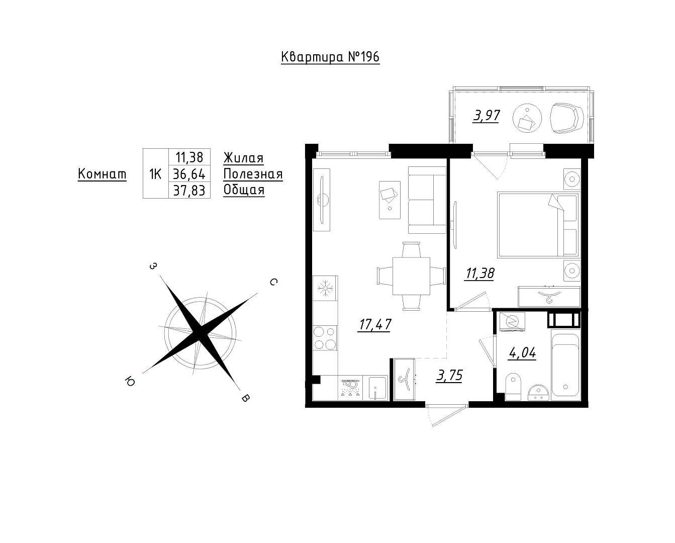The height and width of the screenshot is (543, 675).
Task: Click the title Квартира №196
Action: (330, 57)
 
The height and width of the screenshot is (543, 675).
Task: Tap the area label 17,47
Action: (374, 325)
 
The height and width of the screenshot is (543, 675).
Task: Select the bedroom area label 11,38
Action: (479, 274)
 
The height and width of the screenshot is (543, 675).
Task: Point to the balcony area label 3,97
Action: (486, 116)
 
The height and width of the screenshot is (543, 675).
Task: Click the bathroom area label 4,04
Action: (522, 353)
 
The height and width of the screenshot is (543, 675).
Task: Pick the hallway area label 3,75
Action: (449, 375)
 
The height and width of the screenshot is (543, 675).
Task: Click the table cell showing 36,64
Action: (189, 173)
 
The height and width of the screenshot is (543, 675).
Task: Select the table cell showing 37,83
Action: (189, 190)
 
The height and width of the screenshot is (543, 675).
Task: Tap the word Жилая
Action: (243, 157)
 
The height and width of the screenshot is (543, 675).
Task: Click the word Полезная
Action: (253, 174)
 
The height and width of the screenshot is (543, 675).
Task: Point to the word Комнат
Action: (102, 173)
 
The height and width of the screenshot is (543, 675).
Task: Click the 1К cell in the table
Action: (155, 174)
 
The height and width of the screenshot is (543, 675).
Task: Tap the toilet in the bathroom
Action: (513, 387)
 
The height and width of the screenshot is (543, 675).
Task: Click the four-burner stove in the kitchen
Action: (325, 338)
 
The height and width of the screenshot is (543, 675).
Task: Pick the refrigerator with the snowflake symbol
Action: (325, 289)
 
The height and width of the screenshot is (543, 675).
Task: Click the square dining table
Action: (411, 276)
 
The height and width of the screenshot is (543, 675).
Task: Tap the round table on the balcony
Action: (527, 118)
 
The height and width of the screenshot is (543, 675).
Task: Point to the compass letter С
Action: (273, 282)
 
